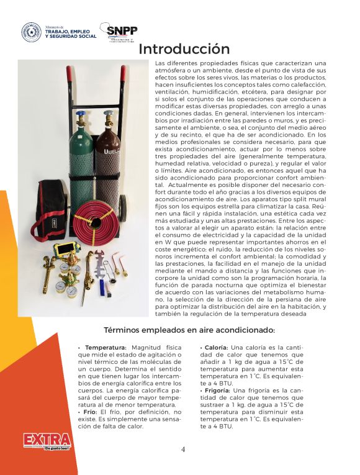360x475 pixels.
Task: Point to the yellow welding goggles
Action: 65,251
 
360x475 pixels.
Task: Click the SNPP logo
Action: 122,32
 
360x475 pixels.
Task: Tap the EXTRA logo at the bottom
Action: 47,440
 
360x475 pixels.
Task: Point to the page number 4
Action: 182,450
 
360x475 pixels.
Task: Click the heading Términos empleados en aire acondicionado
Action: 180,329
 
